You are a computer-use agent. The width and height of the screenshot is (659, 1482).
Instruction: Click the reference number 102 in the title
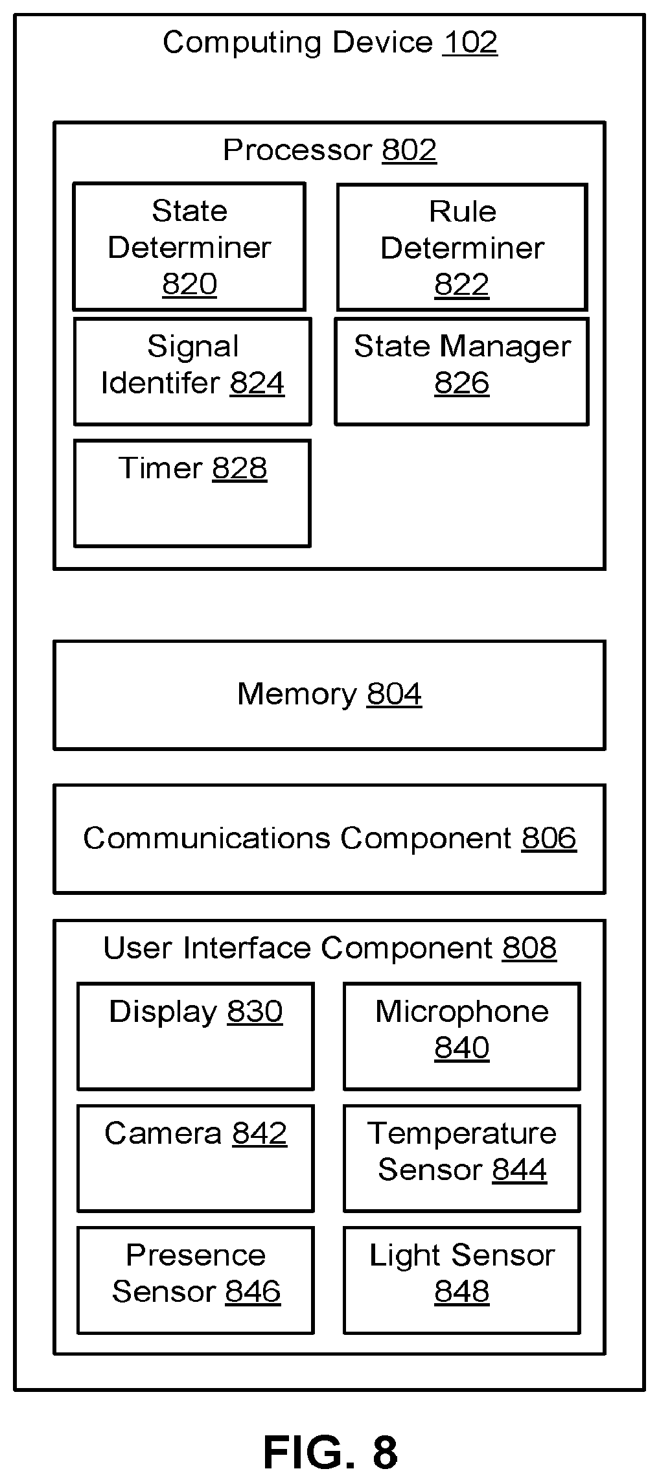point(470,43)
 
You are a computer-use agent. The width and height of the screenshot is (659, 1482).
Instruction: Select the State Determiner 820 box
point(189,246)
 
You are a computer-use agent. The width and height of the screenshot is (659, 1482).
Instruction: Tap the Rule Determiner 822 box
point(462,247)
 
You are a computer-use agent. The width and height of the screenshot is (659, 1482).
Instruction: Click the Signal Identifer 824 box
point(192,371)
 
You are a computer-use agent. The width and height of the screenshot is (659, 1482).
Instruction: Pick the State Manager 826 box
point(461,371)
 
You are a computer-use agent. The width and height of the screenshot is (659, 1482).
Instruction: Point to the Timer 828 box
point(192,492)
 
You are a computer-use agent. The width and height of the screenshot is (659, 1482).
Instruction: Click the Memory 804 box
point(329,695)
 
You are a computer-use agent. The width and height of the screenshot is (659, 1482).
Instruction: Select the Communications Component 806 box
point(329,839)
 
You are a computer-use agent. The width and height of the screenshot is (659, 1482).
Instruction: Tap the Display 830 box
point(196,1036)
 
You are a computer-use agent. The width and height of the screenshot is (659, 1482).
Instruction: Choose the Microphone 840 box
point(461,1036)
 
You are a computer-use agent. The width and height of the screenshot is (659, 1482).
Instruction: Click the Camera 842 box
point(196,1158)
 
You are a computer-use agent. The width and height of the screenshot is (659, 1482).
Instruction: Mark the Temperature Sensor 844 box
point(461,1158)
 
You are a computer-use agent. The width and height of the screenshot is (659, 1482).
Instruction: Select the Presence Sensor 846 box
point(196,1280)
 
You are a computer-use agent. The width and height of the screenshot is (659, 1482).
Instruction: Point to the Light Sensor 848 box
point(461,1280)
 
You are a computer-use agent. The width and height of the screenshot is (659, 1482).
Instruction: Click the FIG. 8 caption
point(330,1452)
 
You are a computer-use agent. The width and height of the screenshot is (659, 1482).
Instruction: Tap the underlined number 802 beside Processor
point(409,150)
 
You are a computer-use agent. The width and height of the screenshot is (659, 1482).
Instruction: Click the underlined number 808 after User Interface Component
point(529,948)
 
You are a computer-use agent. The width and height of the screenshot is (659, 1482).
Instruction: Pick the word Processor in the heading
point(297,150)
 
